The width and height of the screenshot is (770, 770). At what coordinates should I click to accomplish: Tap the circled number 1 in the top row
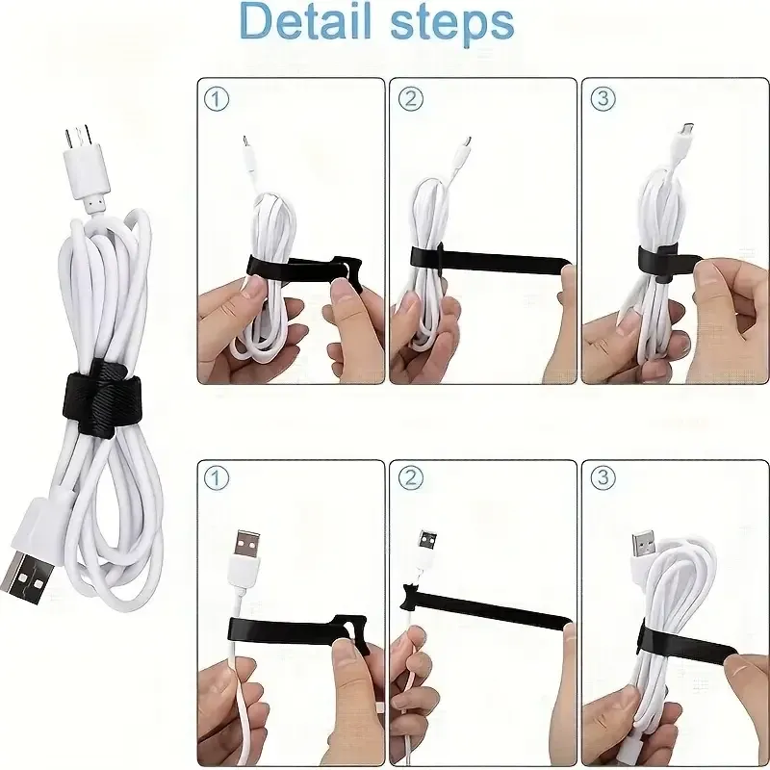point(216,100)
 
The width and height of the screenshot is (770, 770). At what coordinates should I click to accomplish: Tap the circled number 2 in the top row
point(411,99)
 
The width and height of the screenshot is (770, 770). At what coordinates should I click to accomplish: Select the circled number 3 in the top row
point(603,99)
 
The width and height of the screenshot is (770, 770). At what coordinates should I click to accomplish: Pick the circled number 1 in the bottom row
point(216,477)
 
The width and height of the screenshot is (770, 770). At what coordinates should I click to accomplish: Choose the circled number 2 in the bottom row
point(411,477)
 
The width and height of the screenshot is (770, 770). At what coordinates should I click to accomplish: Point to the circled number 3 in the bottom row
point(603,477)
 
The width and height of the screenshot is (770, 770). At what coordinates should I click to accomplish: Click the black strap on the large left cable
point(103,393)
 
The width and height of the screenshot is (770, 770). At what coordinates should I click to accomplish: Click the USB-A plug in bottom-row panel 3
point(644,544)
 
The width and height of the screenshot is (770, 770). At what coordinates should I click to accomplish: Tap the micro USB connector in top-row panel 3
point(685,130)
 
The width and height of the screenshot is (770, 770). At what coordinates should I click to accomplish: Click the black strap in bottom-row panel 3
point(686,642)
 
